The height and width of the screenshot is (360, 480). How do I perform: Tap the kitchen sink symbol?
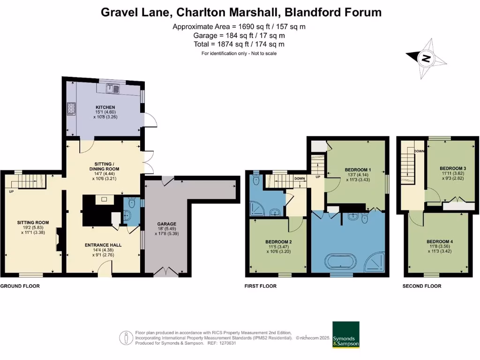[x=112, y=87]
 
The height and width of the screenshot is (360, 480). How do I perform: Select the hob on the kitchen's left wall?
[x=72, y=109]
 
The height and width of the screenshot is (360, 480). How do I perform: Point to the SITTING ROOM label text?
[x=33, y=223]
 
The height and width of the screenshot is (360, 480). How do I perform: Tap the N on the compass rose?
[x=426, y=59]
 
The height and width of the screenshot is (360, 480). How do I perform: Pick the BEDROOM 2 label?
[x=278, y=242]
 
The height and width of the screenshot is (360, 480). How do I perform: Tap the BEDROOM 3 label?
[x=452, y=168]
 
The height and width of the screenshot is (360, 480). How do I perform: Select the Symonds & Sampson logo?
[x=346, y=335]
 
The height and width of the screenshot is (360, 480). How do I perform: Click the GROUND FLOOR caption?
[x=20, y=286]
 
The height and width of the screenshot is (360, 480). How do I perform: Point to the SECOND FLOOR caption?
[x=422, y=286]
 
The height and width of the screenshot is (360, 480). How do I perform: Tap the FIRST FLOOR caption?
[x=261, y=286]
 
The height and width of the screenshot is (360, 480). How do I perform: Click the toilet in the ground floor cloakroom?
[x=132, y=204]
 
